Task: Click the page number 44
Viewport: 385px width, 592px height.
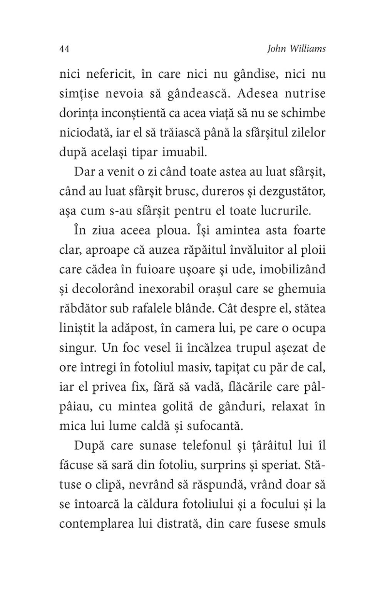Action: pos(64,49)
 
